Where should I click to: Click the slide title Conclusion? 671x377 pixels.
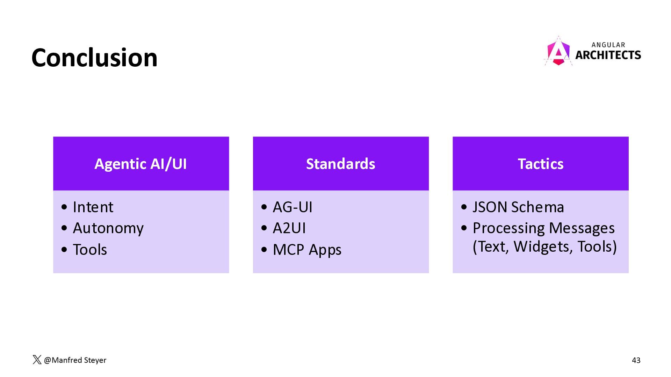click(94, 58)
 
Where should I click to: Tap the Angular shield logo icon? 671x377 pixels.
click(558, 51)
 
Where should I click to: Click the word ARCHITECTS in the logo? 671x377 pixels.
click(608, 55)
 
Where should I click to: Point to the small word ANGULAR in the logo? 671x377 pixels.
click(608, 45)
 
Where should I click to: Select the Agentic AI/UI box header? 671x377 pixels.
click(141, 163)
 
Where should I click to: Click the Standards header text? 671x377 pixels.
click(341, 164)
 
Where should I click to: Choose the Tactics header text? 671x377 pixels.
click(541, 164)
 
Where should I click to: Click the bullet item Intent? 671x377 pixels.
click(93, 207)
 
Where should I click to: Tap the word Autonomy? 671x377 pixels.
click(108, 228)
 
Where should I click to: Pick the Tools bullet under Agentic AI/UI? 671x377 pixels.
click(90, 250)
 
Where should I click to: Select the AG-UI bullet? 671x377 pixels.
click(293, 207)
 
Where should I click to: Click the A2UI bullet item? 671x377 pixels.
click(289, 228)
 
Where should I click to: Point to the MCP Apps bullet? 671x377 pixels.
click(307, 250)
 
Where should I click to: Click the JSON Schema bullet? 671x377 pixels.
click(518, 207)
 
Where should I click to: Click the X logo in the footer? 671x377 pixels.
click(37, 360)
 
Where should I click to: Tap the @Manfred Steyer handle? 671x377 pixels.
click(75, 360)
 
